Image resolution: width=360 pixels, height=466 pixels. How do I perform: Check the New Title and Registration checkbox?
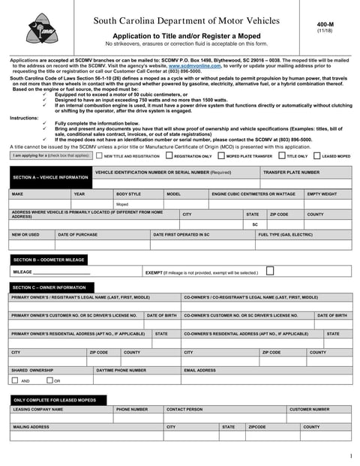[x=99, y=156]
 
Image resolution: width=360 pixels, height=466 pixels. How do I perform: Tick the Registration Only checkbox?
[x=169, y=156]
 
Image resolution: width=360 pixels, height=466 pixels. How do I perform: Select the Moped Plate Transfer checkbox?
[x=222, y=156]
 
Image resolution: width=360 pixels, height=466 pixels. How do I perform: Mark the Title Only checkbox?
[x=282, y=156]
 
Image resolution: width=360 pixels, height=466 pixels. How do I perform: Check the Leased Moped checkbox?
[x=318, y=156]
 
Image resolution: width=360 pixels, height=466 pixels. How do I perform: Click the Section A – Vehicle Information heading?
[x=50, y=177]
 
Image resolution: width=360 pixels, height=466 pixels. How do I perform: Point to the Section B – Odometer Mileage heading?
[x=49, y=260]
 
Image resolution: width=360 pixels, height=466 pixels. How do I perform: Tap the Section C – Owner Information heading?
[x=49, y=287]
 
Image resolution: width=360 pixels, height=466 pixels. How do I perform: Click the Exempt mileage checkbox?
[x=270, y=271]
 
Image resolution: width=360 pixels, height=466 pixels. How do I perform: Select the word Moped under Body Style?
[x=122, y=204]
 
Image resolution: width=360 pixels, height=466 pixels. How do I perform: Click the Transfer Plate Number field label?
[x=291, y=173]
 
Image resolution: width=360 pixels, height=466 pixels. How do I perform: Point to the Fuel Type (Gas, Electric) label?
[x=286, y=235]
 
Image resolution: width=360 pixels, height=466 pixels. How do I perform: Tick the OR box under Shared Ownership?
[x=48, y=380]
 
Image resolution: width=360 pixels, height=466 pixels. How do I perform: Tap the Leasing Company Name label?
[x=38, y=410]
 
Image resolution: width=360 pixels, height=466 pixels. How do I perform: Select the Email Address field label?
[x=199, y=370]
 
